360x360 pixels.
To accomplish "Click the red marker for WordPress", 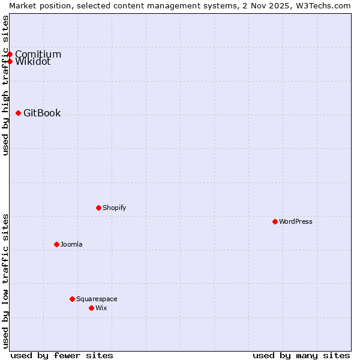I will click(x=275, y=221).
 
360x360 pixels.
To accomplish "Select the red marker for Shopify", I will click(x=98, y=208).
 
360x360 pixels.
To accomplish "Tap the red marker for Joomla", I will click(x=56, y=244).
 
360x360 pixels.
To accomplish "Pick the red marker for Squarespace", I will click(x=72, y=299).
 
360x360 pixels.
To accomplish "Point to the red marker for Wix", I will click(x=91, y=308).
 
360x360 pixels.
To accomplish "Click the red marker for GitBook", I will click(x=18, y=113).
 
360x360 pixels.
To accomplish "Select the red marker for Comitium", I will click(x=10, y=54).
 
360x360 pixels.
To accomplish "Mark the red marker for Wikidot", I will click(x=10, y=61).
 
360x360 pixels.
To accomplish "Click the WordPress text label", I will click(x=296, y=221).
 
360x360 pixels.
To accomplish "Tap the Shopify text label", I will click(x=114, y=208).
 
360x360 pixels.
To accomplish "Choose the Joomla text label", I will click(x=71, y=244).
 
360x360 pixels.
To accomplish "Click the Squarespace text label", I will click(x=97, y=299).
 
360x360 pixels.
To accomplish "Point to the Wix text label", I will click(x=101, y=308).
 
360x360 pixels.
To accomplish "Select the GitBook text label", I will click(x=42, y=113).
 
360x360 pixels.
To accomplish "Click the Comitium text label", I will click(x=38, y=54).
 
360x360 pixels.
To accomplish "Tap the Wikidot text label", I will click(x=32, y=61).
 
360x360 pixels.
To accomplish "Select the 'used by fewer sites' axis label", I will click(x=62, y=355).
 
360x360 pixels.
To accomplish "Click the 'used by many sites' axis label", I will click(x=301, y=355).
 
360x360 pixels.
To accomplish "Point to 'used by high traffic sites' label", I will click(x=5, y=85).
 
